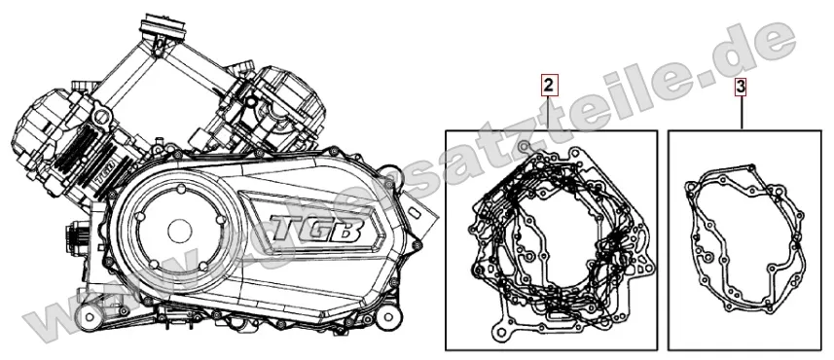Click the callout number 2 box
[x=550, y=86]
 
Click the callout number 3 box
[x=742, y=86]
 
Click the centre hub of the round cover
[x=178, y=231]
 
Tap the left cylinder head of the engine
[x=44, y=122]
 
